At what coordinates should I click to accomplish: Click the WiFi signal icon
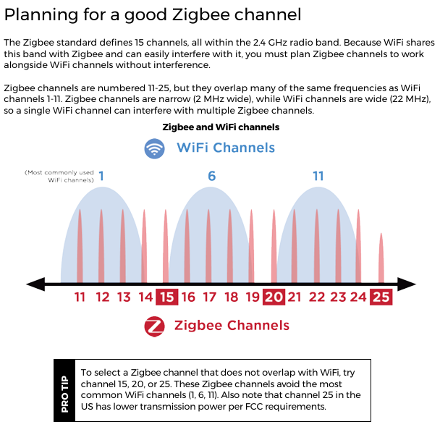coord(154,148)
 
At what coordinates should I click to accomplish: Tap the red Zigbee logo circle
coord(154,326)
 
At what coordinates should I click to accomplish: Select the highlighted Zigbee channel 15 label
coord(167,297)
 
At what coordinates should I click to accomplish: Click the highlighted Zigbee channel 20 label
coord(274,297)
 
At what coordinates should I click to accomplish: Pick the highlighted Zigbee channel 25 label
coord(381,297)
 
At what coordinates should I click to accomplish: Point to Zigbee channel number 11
coord(80,297)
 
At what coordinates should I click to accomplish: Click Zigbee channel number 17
coord(209,297)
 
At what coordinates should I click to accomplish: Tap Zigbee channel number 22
coord(316,297)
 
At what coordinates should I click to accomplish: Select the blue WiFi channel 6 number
coord(211,177)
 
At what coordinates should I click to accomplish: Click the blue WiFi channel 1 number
coord(101,176)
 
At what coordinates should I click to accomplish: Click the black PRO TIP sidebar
coord(64,390)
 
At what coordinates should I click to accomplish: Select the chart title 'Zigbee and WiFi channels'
coord(220,127)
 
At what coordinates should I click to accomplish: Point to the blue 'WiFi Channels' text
coord(226,148)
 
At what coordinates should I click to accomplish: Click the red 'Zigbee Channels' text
coord(232,326)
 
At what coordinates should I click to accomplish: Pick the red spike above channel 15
coord(166,246)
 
